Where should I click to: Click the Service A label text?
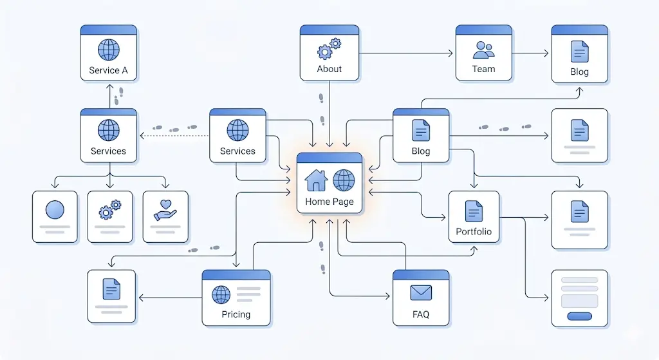[108, 70]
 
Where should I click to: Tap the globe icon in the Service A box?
[109, 50]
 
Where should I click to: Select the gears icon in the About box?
[329, 49]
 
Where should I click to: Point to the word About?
[329, 69]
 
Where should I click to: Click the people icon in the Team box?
[483, 49]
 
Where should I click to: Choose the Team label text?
[483, 69]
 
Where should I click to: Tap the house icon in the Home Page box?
[316, 180]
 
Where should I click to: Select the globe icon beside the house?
[344, 180]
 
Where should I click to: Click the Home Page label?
[329, 202]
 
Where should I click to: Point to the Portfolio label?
[474, 231]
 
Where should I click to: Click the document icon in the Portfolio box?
[474, 211]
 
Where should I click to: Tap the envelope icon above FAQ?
[420, 293]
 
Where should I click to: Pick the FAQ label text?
[421, 315]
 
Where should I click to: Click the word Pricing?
[236, 315]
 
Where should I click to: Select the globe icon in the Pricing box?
[221, 295]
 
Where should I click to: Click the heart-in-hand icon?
[165, 210]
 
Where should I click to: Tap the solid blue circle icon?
[55, 210]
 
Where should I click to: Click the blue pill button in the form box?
[579, 316]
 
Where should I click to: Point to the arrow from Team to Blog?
[532, 53]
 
